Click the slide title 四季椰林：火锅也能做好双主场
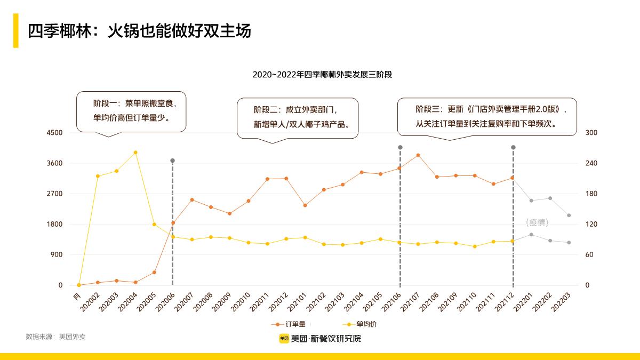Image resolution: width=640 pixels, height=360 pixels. pos(139,31)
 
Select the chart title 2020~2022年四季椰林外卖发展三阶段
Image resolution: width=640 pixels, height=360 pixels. pos(322,75)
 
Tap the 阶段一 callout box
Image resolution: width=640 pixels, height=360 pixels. pos(131,111)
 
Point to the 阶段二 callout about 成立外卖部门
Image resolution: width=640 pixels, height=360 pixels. pos(298,117)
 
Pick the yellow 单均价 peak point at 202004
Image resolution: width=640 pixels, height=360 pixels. pos(135,153)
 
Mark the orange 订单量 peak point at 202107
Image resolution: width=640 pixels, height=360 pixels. pos(418,155)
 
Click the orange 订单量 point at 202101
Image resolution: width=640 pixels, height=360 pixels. pos(305,205)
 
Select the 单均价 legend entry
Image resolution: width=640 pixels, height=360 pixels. pos(359,324)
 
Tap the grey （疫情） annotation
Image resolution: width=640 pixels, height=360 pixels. pos(537,222)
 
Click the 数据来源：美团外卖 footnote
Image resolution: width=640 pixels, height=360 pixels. pos(55,337)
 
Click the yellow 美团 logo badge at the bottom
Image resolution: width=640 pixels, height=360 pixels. pos(284,339)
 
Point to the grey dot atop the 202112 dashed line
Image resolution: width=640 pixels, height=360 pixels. pos(513,147)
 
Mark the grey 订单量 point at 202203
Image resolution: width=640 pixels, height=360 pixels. pos(569,215)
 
